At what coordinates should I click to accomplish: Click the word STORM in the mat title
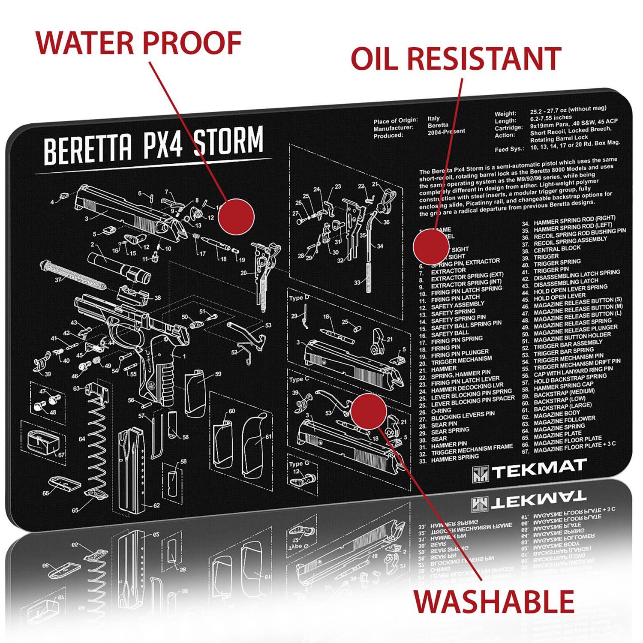click(x=228, y=142)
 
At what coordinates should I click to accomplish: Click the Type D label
click(x=299, y=298)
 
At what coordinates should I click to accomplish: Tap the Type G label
click(x=299, y=464)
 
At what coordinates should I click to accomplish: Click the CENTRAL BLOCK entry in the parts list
click(x=557, y=248)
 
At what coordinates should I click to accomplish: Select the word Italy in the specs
click(x=433, y=119)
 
